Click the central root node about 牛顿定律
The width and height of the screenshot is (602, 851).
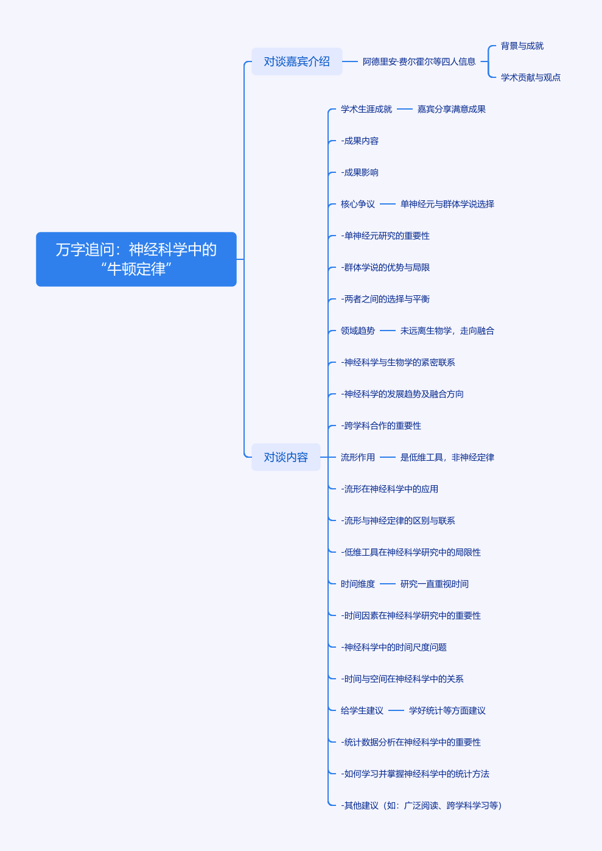pos(136,259)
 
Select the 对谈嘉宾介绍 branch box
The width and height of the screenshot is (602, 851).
pos(296,61)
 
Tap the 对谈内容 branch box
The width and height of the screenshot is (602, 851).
pos(285,457)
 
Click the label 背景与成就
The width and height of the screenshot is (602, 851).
pos(522,46)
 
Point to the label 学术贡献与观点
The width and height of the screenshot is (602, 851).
pos(531,77)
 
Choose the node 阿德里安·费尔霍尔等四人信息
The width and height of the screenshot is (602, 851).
pos(419,61)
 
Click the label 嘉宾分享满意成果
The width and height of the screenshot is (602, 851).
pos(451,109)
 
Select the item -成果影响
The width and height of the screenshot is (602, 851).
pos(360,172)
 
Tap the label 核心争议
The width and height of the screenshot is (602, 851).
pos(357,204)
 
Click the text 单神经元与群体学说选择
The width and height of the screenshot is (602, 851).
pos(447,204)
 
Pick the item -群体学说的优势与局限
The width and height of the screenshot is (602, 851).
pos(385,267)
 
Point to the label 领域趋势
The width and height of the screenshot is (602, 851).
pos(357,331)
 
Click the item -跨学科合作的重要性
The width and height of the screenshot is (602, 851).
pos(381,425)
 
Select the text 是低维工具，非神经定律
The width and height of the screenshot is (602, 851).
pos(447,457)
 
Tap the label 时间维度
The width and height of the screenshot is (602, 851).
pos(357,584)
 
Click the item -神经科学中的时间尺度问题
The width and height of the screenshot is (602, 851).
pos(393,647)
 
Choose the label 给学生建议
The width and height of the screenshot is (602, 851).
pos(362,710)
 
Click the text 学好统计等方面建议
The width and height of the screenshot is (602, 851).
pos(447,710)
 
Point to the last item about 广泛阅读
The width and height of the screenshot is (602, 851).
pos(422,805)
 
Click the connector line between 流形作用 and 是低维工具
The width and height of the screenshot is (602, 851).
pos(387,457)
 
